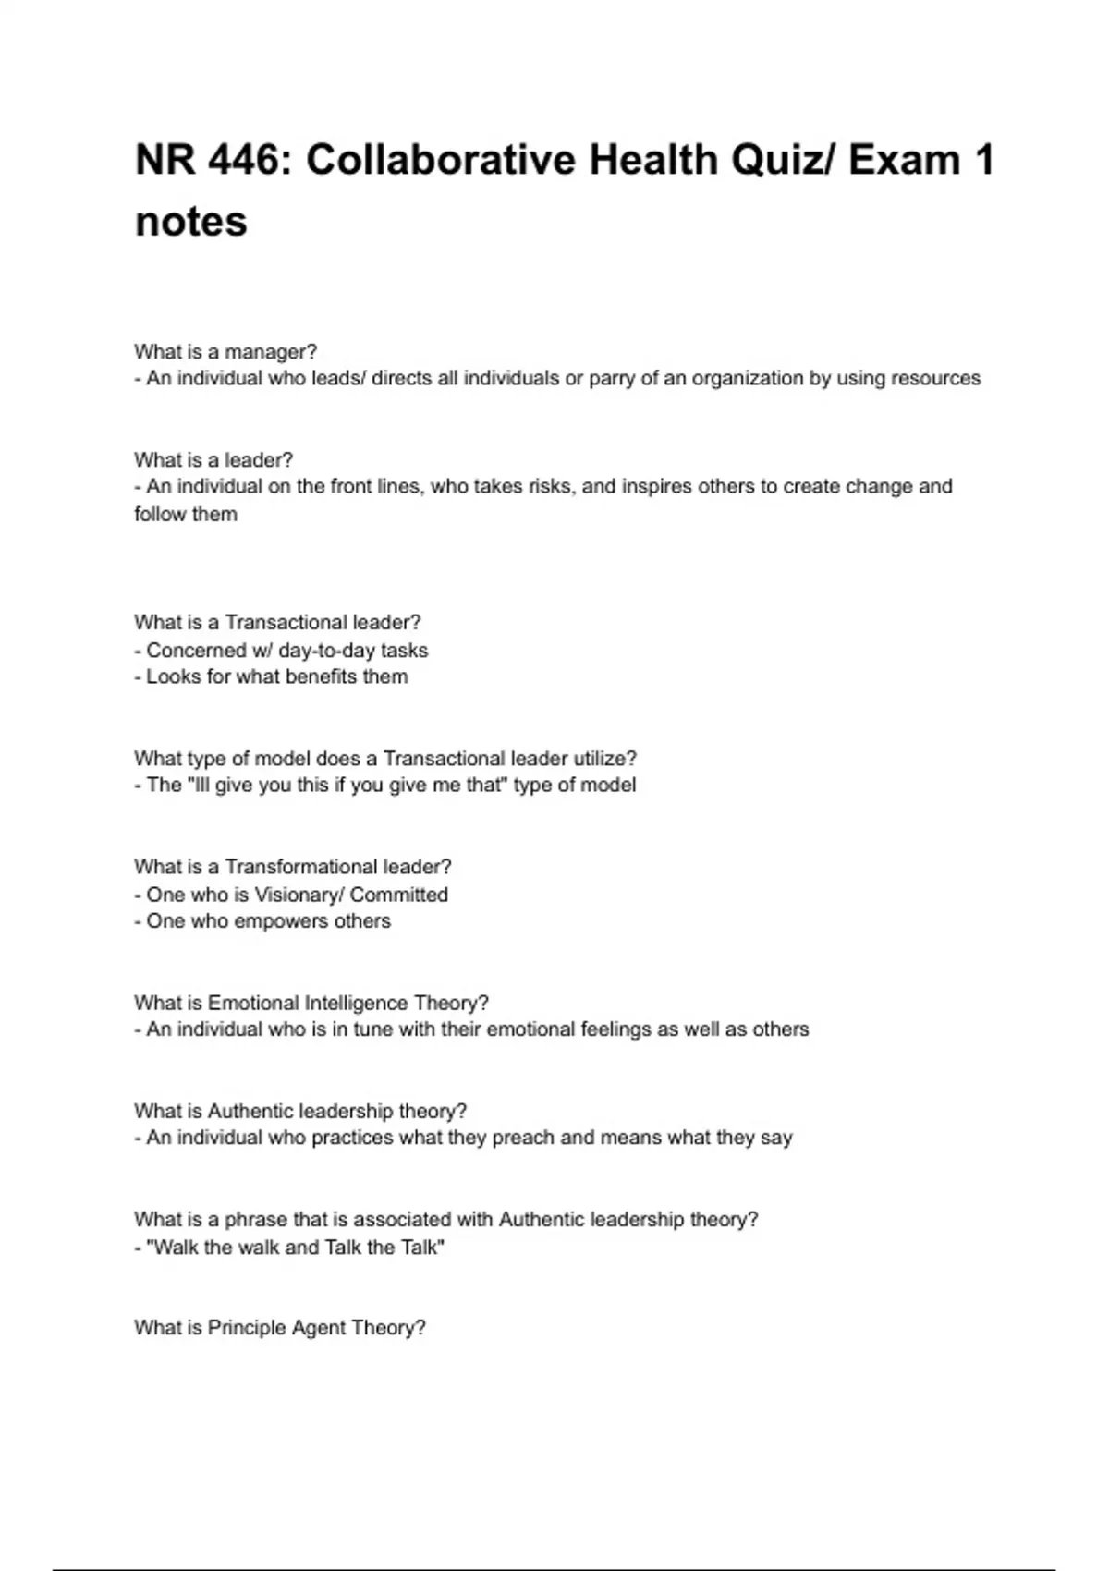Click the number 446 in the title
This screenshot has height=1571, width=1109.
(x=243, y=161)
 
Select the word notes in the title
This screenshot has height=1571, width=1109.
(x=191, y=222)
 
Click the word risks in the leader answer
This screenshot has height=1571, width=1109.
(x=549, y=487)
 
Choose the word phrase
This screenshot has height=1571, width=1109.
(x=256, y=1220)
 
